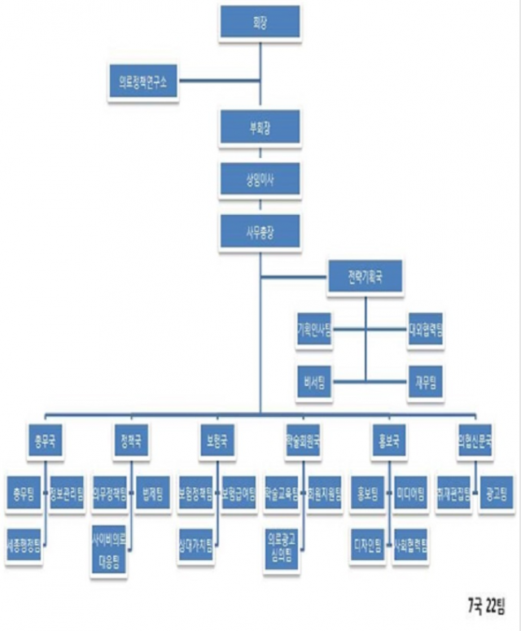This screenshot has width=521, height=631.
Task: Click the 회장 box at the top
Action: click(260, 23)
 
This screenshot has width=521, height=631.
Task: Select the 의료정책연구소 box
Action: click(142, 81)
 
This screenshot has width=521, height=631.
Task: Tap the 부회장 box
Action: click(260, 127)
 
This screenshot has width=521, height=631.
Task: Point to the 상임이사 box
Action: click(260, 176)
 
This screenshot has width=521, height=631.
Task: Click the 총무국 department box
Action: click(46, 441)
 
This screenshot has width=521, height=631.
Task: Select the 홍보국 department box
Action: click(389, 441)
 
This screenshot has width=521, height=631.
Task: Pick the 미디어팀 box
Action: click(410, 492)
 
